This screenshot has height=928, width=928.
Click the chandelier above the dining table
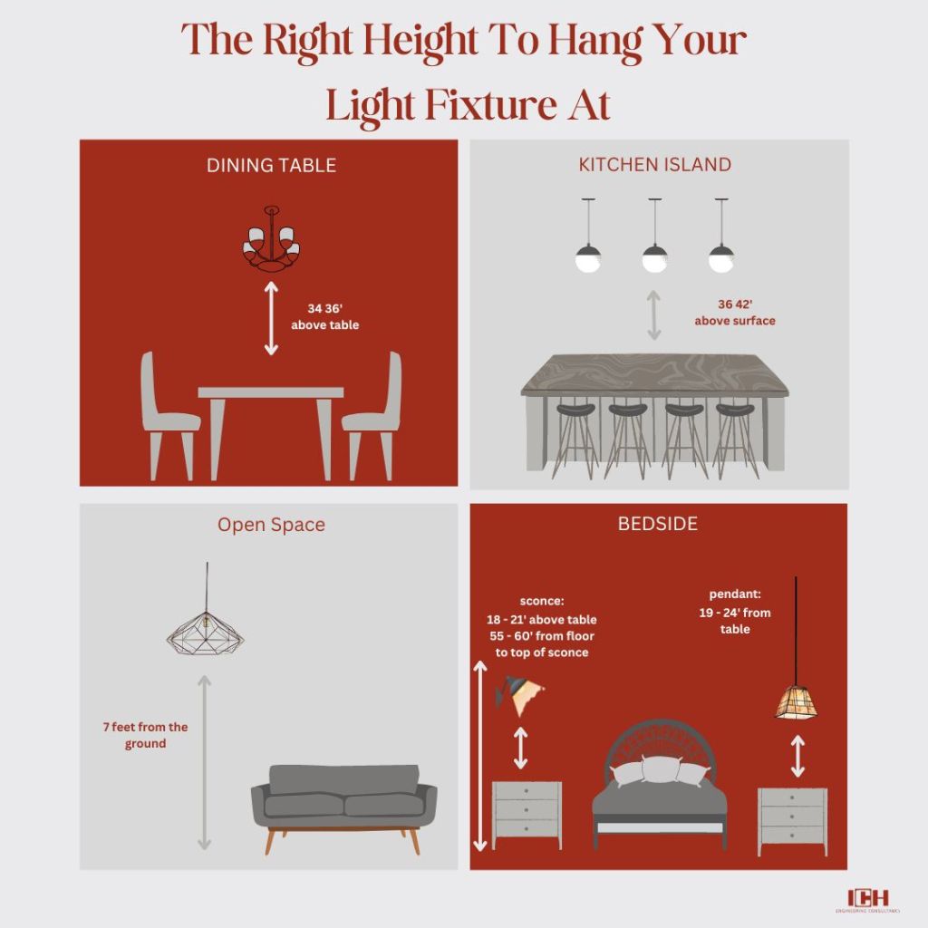click(272, 238)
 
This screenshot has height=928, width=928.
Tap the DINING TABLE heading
click(271, 165)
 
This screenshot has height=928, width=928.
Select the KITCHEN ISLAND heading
click(654, 165)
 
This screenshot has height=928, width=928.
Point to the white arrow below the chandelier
click(271, 318)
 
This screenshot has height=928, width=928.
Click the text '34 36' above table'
click(325, 316)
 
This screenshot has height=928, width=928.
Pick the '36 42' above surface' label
click(734, 313)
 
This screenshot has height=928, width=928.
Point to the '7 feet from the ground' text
click(145, 735)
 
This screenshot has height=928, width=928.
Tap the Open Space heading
click(271, 525)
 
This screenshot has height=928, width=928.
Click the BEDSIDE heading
click(658, 524)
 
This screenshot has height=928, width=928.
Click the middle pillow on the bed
click(660, 768)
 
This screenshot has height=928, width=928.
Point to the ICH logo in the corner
click(867, 899)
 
